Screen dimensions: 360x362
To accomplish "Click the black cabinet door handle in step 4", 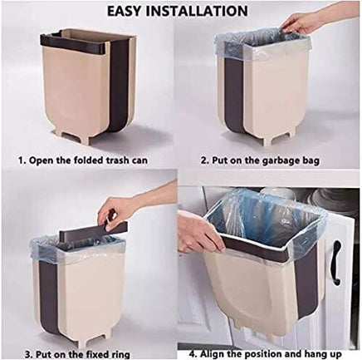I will pyautogui.click(x=335, y=264).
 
